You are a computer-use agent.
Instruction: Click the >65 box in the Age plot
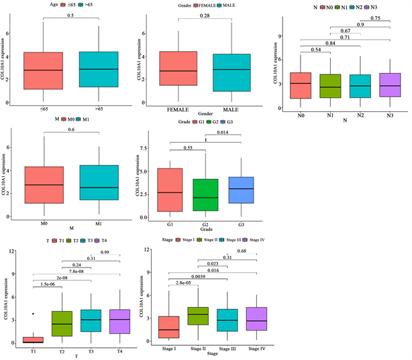[99, 70]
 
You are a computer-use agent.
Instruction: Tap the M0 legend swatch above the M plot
[64, 119]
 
